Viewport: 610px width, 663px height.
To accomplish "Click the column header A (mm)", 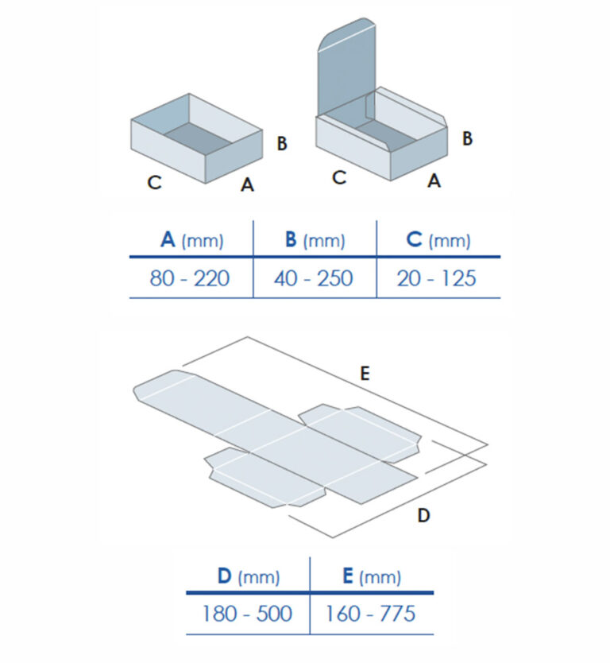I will click(x=191, y=239).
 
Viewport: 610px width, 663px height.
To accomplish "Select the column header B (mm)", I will click(x=315, y=239).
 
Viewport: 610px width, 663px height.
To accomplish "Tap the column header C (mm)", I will click(x=438, y=239).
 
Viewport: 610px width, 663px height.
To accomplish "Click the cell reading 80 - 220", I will click(x=191, y=278).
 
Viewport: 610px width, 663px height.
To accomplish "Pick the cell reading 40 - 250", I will click(x=315, y=278).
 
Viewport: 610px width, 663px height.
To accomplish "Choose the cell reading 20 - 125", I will click(x=438, y=278).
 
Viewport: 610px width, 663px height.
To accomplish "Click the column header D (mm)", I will click(x=248, y=576).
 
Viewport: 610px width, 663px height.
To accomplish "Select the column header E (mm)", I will click(x=371, y=576).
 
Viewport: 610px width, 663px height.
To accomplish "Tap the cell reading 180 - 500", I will click(x=248, y=614).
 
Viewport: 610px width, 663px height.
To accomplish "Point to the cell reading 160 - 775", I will click(x=371, y=614).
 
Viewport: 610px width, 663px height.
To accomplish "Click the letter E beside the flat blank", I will click(x=365, y=374).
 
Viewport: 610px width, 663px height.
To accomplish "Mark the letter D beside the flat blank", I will click(x=423, y=516).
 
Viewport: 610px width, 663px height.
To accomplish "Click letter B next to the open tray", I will click(x=281, y=144).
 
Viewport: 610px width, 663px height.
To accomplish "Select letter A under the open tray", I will click(x=248, y=184).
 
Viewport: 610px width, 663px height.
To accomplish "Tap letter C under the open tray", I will click(x=155, y=182).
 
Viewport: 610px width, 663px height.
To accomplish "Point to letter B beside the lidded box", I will click(x=468, y=138).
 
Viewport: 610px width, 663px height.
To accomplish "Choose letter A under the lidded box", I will click(x=434, y=181).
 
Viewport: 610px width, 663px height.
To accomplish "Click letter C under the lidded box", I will click(x=339, y=177).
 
